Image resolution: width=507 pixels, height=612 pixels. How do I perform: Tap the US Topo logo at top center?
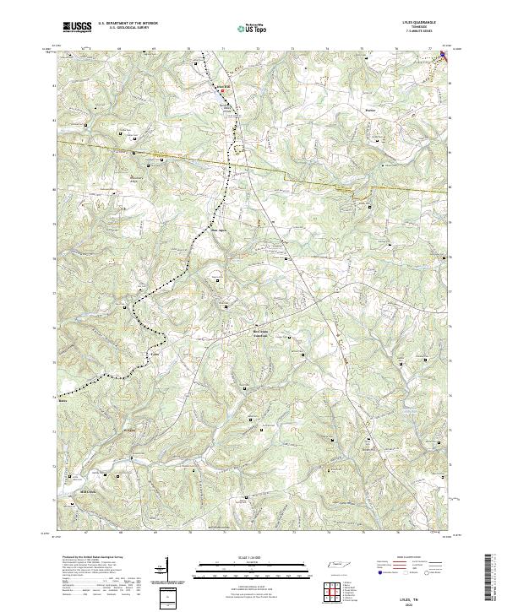247,28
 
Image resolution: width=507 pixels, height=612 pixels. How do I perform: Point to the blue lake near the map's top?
228,102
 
